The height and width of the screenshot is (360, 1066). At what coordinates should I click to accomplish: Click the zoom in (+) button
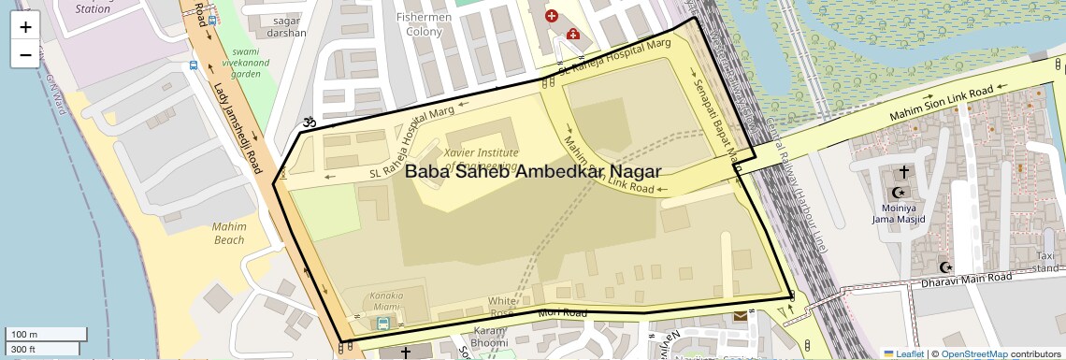[x=25, y=27]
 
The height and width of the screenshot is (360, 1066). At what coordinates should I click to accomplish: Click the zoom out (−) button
[x=25, y=54]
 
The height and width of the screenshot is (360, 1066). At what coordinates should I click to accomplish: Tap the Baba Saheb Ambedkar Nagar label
[x=532, y=172]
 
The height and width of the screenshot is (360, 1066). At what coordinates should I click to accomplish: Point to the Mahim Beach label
[x=229, y=233]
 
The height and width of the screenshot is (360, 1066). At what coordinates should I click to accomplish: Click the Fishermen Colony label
[x=424, y=24]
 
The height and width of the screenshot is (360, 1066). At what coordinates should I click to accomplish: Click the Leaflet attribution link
[x=903, y=353]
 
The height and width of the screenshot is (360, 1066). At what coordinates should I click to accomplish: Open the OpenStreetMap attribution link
[x=973, y=353]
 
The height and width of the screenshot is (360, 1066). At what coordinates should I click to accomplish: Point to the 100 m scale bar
[x=47, y=334]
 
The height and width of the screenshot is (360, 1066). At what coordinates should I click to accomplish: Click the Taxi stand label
[x=1050, y=261]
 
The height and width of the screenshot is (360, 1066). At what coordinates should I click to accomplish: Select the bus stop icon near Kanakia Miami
[x=382, y=324]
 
